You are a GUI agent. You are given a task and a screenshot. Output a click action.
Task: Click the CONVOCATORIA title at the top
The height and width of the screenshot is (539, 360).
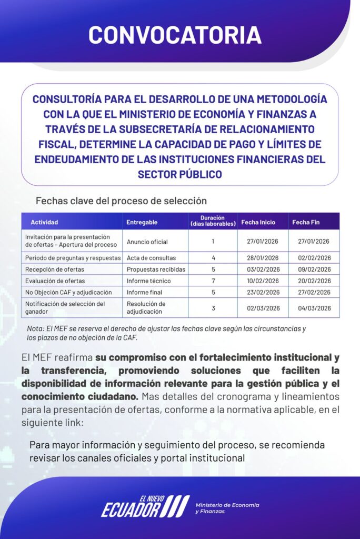pyautogui.click(x=175, y=34)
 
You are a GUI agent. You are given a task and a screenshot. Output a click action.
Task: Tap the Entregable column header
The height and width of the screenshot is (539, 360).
pyautogui.click(x=142, y=222)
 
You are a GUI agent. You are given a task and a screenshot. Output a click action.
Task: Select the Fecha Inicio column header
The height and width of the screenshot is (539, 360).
pyautogui.click(x=258, y=222)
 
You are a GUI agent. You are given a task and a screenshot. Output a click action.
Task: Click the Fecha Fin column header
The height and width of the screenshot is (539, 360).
pyautogui.click(x=306, y=222)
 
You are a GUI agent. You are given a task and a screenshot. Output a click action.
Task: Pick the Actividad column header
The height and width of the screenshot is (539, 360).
pyautogui.click(x=44, y=222)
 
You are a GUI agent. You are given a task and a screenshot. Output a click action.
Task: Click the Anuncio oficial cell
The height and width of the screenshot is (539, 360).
pyautogui.click(x=147, y=242)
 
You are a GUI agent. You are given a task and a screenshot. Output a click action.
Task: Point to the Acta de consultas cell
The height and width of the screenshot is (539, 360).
pyautogui.click(x=152, y=258)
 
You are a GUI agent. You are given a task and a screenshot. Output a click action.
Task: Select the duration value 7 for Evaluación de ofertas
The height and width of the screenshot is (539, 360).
pyautogui.click(x=213, y=281)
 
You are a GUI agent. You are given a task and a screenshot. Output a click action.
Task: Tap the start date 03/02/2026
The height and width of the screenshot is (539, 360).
pyautogui.click(x=263, y=269)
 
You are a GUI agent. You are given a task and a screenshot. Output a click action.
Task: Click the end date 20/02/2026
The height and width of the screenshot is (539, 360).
pyautogui.click(x=314, y=281)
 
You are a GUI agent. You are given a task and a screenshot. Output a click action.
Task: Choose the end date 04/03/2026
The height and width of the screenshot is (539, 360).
pyautogui.click(x=314, y=308)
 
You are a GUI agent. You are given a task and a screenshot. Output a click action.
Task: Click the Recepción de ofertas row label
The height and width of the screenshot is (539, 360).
pyautogui.click(x=55, y=269)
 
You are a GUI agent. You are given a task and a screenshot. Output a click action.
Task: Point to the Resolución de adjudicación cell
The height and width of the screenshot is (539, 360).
pyautogui.click(x=146, y=308)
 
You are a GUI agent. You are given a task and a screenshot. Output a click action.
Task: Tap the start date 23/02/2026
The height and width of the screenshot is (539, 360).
pyautogui.click(x=263, y=292)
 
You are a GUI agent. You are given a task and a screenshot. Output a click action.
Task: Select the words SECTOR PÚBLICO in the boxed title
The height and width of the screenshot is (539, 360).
pyautogui.click(x=179, y=174)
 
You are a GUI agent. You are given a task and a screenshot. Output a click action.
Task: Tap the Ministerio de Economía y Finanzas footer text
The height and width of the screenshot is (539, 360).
pyautogui.click(x=227, y=508)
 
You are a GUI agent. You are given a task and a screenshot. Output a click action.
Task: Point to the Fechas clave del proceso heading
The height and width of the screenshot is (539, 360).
pyautogui.click(x=121, y=201)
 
